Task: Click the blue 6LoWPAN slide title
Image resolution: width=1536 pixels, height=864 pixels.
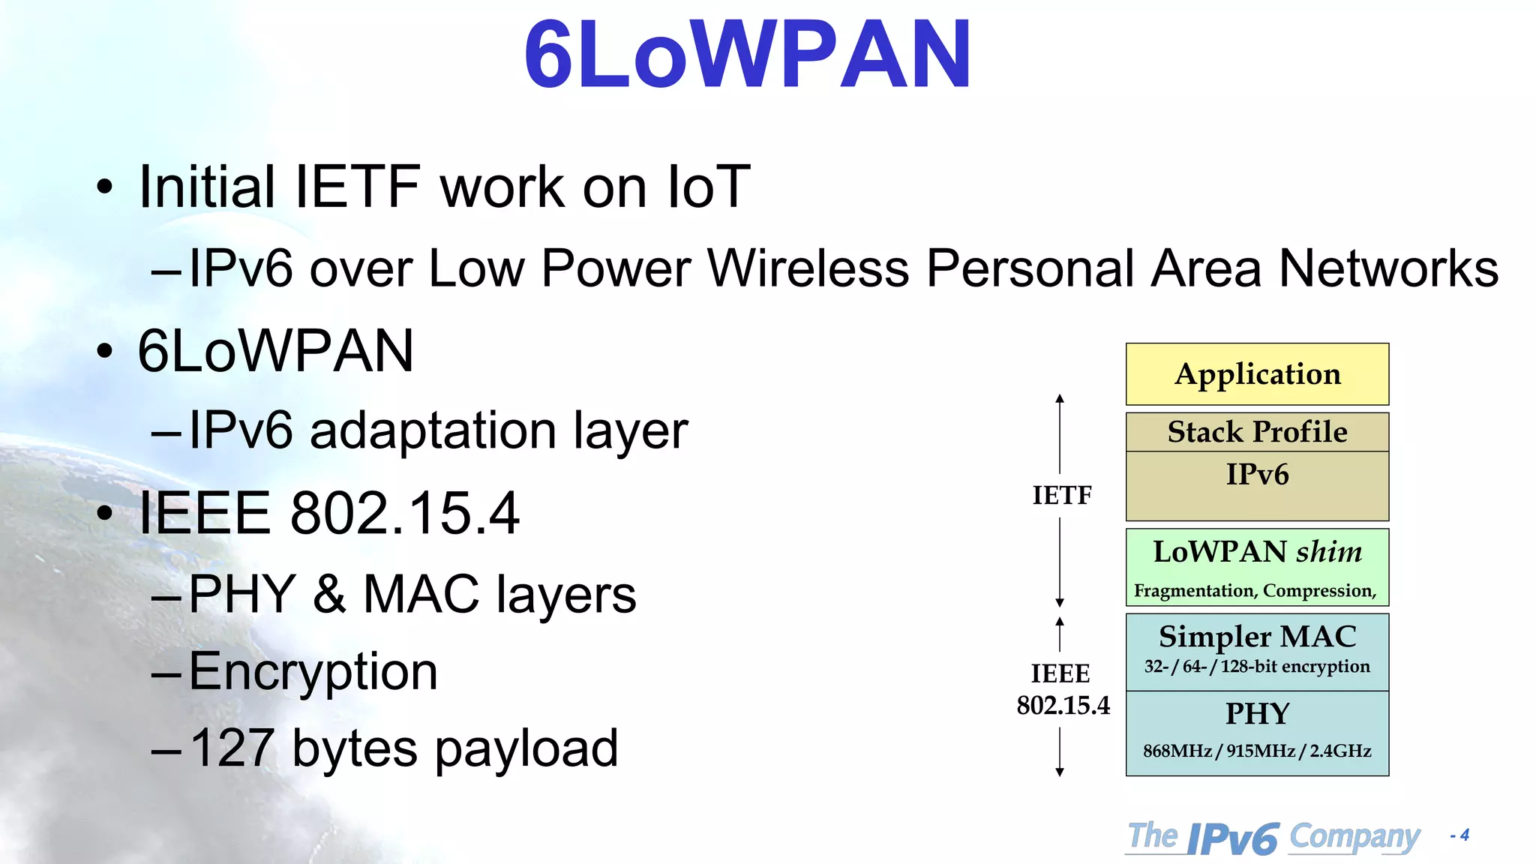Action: click(x=747, y=54)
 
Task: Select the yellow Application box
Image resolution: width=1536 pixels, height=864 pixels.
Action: click(x=1257, y=374)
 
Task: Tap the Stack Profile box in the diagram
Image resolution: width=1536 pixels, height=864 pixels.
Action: click(x=1257, y=432)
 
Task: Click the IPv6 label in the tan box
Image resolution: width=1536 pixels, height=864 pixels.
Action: click(x=1257, y=475)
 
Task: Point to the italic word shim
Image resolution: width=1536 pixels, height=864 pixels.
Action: click(x=1329, y=552)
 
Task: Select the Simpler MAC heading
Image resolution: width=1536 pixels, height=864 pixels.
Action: click(x=1257, y=637)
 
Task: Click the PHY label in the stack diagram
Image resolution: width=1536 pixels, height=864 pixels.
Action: click(x=1257, y=713)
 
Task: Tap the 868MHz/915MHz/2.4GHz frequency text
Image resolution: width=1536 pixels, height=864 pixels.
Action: click(x=1257, y=751)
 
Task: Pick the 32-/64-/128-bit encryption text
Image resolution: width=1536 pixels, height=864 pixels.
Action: click(x=1257, y=667)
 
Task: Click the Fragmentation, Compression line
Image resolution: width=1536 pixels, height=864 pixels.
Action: click(x=1255, y=591)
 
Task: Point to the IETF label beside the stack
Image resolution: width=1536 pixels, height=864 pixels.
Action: click(x=1061, y=496)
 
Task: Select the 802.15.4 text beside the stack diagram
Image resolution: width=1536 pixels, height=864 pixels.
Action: click(x=1063, y=706)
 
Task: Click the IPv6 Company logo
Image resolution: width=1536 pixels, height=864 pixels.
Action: click(x=1273, y=837)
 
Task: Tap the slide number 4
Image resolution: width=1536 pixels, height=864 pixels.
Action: click(x=1464, y=835)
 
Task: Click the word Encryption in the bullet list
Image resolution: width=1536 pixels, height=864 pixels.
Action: click(x=313, y=672)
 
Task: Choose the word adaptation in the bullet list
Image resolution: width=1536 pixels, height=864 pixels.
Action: click(x=433, y=431)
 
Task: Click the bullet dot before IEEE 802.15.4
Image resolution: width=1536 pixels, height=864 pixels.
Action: click(x=104, y=514)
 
